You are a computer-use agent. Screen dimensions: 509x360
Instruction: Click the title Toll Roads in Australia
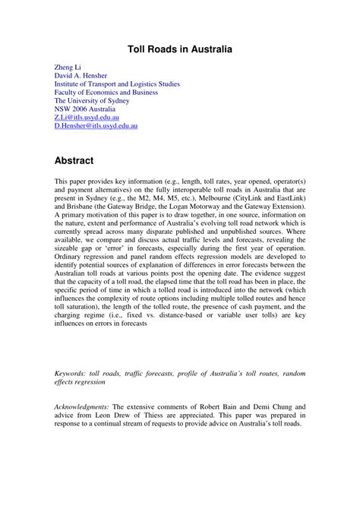179,49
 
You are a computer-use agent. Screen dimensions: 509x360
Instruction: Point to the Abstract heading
74,160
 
